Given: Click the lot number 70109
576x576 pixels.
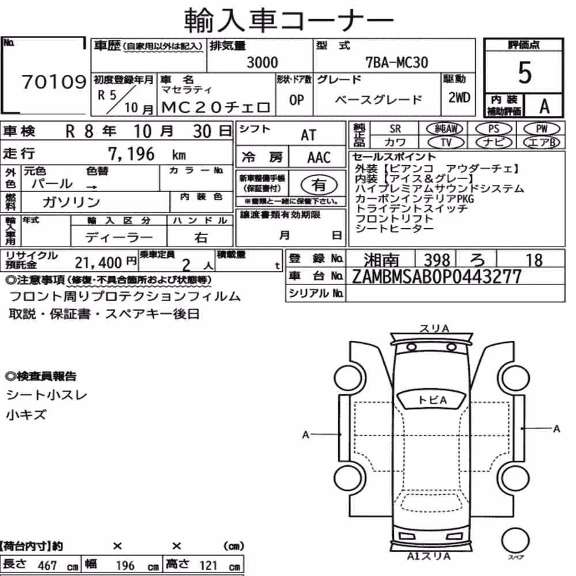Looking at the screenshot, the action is click(54, 82).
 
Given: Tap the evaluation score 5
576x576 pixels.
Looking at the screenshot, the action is click(525, 73).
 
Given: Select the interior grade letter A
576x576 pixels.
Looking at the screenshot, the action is click(544, 106).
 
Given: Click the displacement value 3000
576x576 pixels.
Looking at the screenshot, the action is click(262, 62).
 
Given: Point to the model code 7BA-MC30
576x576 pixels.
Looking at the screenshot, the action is click(397, 62).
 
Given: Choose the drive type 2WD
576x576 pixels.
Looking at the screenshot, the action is click(459, 98).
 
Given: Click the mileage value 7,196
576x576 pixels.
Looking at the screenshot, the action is click(131, 154).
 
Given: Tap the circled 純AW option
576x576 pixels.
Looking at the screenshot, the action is click(445, 128).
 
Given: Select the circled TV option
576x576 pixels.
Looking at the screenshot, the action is click(446, 142).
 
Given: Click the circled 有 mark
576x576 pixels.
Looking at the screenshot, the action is click(319, 185).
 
